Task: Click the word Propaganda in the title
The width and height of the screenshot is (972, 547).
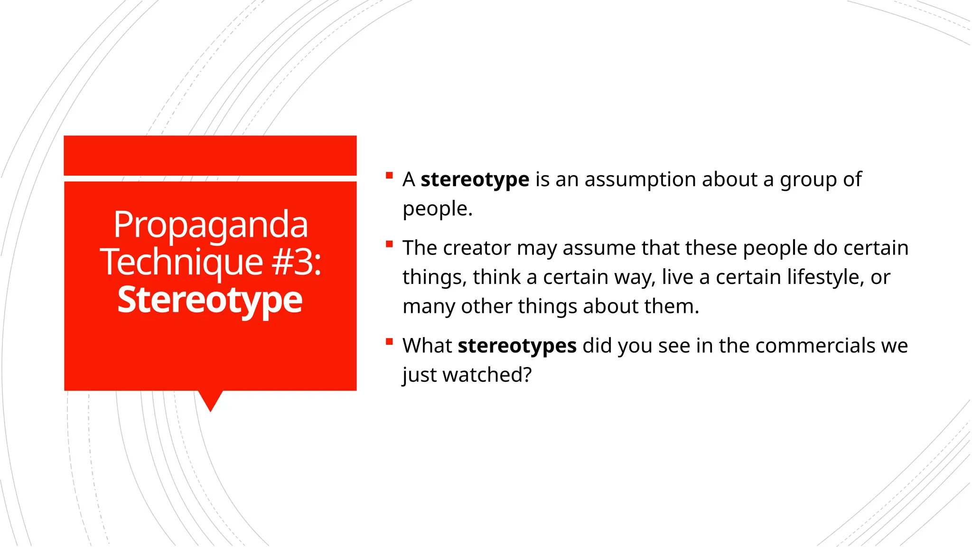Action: [210, 225]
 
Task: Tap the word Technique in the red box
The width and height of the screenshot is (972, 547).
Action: [181, 262]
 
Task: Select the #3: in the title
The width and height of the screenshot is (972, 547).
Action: [297, 262]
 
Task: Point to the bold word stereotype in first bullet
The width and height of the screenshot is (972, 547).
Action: [475, 179]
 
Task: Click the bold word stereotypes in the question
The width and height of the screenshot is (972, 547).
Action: [517, 346]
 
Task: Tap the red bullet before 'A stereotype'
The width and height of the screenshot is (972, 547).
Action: [390, 175]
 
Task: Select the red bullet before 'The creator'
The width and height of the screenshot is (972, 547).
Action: [390, 245]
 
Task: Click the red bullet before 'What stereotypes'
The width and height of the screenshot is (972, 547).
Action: [390, 341]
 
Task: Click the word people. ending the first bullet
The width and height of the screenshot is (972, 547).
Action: [437, 209]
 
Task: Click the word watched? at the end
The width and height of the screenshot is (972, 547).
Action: [487, 375]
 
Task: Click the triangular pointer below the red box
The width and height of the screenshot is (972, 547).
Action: [210, 400]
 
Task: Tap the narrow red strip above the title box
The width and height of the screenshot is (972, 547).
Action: [210, 155]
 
